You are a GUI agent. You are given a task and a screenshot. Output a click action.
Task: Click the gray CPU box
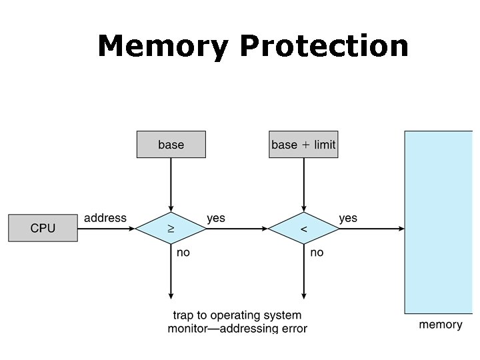coord(43,228)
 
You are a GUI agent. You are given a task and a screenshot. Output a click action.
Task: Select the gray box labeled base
coord(171,145)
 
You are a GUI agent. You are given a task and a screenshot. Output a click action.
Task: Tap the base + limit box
coord(303,145)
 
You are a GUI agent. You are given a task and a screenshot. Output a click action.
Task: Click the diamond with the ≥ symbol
coord(171,229)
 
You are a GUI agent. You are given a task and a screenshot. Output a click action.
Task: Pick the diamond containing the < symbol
coord(304,229)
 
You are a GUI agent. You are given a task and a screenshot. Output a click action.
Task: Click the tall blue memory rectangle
coord(439,222)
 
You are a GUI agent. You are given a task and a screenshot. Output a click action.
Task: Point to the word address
coord(105,218)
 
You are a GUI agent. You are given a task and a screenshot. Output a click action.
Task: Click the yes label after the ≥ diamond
coord(216,218)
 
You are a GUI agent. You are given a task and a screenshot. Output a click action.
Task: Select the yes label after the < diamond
coord(348,218)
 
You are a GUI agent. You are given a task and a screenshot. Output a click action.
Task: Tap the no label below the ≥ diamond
coord(183,253)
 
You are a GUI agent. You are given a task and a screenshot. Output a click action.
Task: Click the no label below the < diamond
coord(317,253)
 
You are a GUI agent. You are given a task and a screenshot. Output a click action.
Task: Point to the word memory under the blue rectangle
coord(441,325)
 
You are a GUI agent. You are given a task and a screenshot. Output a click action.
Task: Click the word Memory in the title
coord(163,46)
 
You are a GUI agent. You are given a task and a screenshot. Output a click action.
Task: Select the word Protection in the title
coord(324,45)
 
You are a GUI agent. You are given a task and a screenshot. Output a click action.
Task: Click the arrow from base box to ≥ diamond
coord(171,185)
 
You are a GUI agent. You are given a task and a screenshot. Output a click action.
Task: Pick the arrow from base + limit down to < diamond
coord(304,185)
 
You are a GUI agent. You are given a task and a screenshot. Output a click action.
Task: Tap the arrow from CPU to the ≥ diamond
coord(106,229)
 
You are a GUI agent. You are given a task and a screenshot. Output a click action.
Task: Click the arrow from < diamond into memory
coord(371,229)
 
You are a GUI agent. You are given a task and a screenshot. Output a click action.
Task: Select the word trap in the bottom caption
coord(183,315)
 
